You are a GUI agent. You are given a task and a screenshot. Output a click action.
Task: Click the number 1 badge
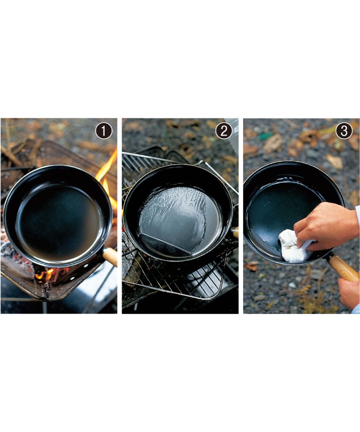click(104, 131)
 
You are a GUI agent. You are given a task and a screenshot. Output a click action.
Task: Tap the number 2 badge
click(224, 131)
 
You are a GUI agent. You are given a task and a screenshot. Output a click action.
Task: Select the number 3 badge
click(344, 131)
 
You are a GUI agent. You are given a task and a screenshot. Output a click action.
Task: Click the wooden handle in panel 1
click(110, 256)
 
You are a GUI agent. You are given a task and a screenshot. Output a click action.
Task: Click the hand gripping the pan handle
click(349, 291)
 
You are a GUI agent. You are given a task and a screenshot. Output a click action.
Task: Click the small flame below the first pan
click(45, 274)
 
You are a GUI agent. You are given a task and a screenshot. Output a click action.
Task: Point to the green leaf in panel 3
click(265, 136)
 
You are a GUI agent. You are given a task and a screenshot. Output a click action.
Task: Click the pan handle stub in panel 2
click(235, 232)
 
